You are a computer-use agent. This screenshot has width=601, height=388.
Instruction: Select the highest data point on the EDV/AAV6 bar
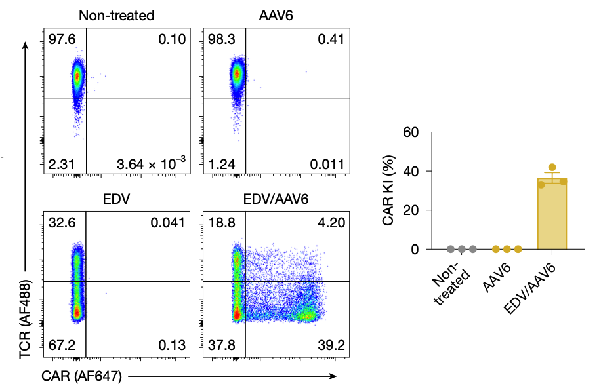pyautogui.click(x=552, y=167)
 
